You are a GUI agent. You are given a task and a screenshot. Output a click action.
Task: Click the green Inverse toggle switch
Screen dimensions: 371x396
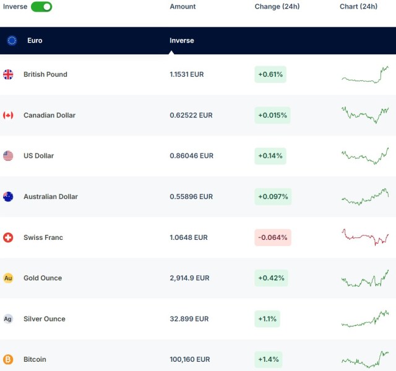pyautogui.click(x=41, y=7)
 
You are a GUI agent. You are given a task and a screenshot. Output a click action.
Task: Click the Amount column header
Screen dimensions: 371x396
pyautogui.click(x=183, y=7)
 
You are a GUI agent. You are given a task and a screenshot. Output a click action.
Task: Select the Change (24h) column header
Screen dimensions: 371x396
pyautogui.click(x=277, y=7)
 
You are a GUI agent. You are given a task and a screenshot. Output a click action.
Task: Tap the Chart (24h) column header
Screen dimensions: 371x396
pyautogui.click(x=358, y=7)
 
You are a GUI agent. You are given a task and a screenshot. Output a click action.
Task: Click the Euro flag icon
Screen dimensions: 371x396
pyautogui.click(x=12, y=41)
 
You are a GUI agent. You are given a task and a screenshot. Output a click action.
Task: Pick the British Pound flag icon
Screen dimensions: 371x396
pyautogui.click(x=8, y=75)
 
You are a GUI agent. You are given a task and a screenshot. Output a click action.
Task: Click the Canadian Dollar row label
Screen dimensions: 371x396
pyautogui.click(x=49, y=116)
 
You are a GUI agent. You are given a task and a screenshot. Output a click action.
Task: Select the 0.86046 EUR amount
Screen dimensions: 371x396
pyautogui.click(x=191, y=156)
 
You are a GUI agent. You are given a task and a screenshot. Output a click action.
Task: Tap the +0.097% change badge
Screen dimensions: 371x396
pyautogui.click(x=272, y=197)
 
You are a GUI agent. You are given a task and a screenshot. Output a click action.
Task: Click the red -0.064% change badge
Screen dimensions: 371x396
pyautogui.click(x=272, y=237)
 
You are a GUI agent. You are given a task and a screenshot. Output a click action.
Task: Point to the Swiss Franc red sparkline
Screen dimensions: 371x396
pyautogui.click(x=365, y=237)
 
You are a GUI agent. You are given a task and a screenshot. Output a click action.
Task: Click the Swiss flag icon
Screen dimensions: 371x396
pyautogui.click(x=8, y=237)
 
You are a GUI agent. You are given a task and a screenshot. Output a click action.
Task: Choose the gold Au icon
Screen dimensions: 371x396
pyautogui.click(x=8, y=278)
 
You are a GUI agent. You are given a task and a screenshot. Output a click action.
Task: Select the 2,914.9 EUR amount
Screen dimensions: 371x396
pyautogui.click(x=189, y=278)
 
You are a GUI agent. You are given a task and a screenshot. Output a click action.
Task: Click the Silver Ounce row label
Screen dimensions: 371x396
pyautogui.click(x=45, y=319)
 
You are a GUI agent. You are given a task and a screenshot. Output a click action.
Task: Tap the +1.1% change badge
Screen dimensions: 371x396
pyautogui.click(x=268, y=319)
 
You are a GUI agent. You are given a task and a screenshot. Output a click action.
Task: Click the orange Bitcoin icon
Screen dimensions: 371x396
pyautogui.click(x=8, y=359)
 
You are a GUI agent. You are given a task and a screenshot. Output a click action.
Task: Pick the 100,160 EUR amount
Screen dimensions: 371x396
pyautogui.click(x=189, y=359)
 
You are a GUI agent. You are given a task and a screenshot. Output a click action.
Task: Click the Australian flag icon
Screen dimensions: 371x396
pyautogui.click(x=8, y=197)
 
